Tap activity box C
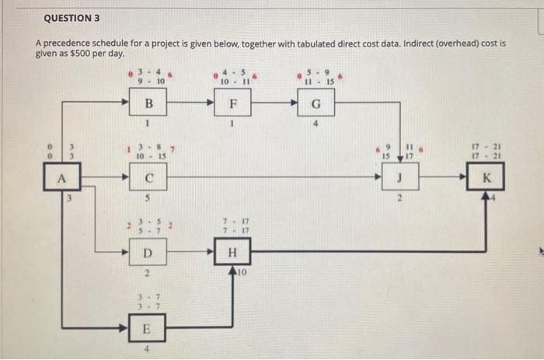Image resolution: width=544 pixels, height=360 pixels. coord(148,177)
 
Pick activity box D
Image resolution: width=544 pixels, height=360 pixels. coord(148,253)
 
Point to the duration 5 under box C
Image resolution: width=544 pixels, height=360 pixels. coord(148,197)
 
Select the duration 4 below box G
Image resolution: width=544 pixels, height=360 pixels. coord(316,123)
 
